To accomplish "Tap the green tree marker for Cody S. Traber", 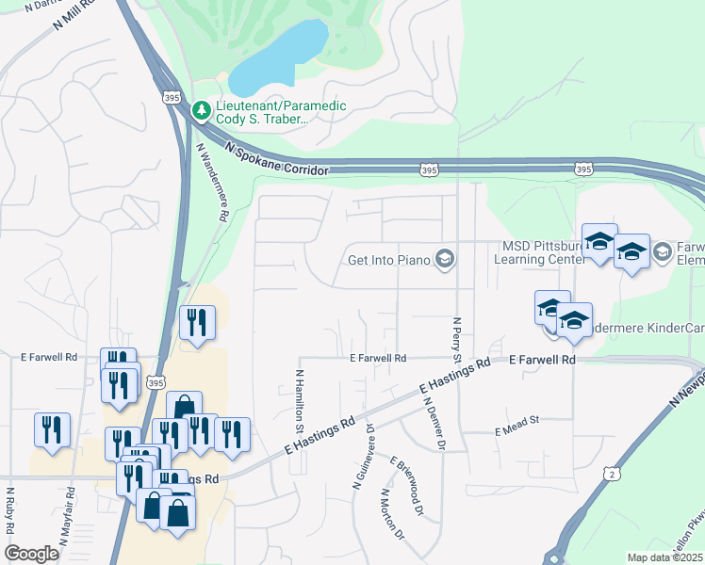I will coord(201,111).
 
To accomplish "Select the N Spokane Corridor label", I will coord(277,158).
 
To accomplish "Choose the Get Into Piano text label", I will coord(388,259).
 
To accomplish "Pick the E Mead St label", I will coord(516,430).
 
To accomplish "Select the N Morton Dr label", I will coord(392,514).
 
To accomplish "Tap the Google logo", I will coord(31,554).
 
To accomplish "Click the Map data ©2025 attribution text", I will coord(664,557).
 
